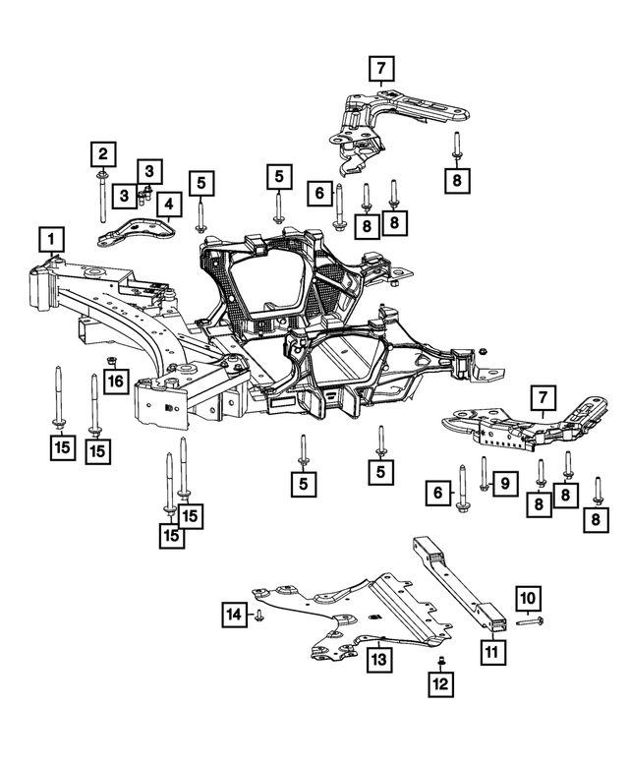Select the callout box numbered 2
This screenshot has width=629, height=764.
tap(101, 153)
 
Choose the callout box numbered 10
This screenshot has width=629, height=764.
tap(527, 598)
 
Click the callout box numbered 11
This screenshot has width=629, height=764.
tap(489, 650)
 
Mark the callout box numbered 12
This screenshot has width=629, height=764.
tap(440, 681)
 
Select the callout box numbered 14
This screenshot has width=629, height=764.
tap(233, 615)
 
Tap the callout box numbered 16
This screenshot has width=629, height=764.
tap(114, 381)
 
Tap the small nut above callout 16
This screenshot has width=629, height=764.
tap(112, 357)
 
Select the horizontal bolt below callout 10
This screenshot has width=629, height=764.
tap(527, 622)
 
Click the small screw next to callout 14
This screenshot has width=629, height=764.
tap(258, 615)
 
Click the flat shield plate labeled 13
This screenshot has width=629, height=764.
tap(334, 615)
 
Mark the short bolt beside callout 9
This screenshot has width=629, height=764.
tap(485, 473)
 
